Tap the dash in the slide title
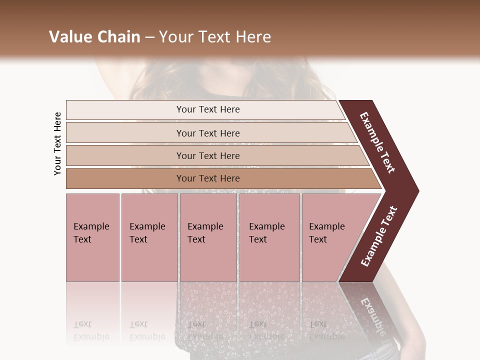click(x=149, y=37)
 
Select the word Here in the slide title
click(x=254, y=37)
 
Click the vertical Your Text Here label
click(x=57, y=143)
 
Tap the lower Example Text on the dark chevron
click(x=379, y=236)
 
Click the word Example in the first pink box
click(x=91, y=226)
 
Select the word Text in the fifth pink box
click(x=318, y=239)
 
